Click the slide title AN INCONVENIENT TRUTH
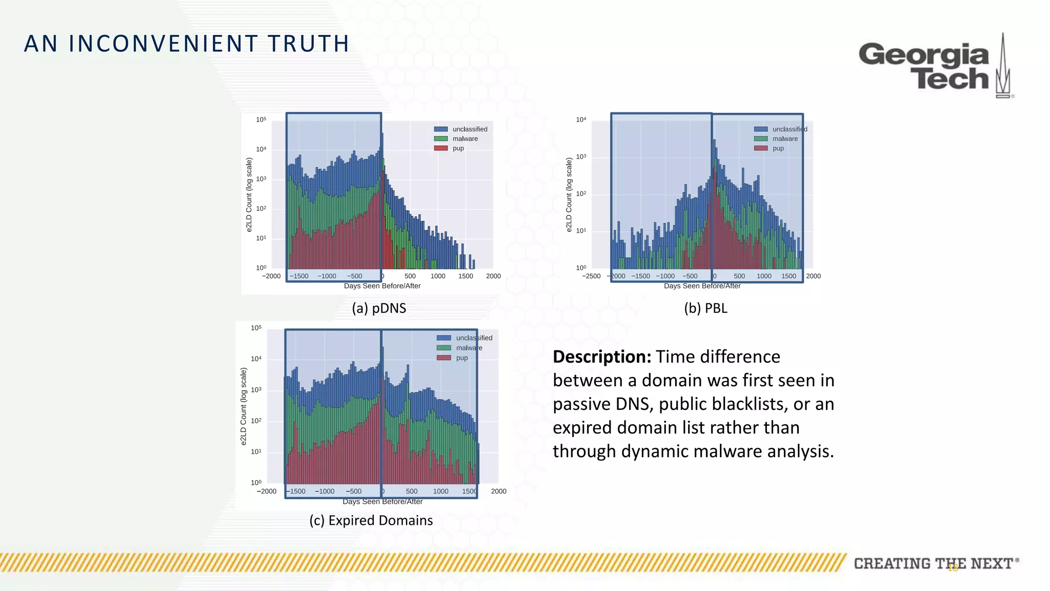(x=187, y=44)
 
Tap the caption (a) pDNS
(x=379, y=308)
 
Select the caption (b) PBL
(x=705, y=308)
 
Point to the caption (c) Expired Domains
(x=371, y=521)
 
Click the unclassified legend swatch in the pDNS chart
(x=441, y=129)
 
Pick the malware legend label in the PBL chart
(x=785, y=139)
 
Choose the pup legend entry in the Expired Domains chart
(x=461, y=358)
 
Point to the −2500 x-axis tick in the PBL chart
(x=591, y=277)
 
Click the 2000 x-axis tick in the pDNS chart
(x=493, y=277)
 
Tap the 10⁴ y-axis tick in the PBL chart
(x=581, y=120)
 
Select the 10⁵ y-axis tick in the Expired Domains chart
(x=256, y=328)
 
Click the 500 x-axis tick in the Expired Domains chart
(x=412, y=491)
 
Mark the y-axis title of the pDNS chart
(x=249, y=195)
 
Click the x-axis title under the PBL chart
(x=702, y=286)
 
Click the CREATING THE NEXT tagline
(x=933, y=564)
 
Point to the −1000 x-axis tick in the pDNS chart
(x=327, y=277)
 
